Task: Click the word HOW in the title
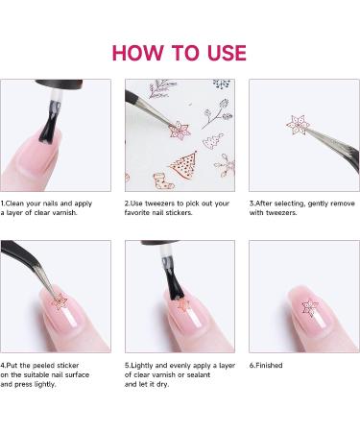click(137, 53)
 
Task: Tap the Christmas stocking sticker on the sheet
click(163, 181)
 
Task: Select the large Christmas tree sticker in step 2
click(183, 164)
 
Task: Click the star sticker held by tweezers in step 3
click(298, 125)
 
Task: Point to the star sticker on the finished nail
click(310, 307)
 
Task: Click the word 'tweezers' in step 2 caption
click(160, 204)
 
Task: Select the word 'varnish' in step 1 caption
click(65, 212)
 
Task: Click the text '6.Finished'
click(266, 365)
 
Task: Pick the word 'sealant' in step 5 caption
click(197, 374)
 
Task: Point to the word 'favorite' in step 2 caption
click(137, 212)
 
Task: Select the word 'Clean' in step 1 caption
click(14, 204)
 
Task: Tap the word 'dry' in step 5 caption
click(163, 384)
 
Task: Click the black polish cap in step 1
click(59, 84)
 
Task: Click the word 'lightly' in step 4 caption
click(45, 384)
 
